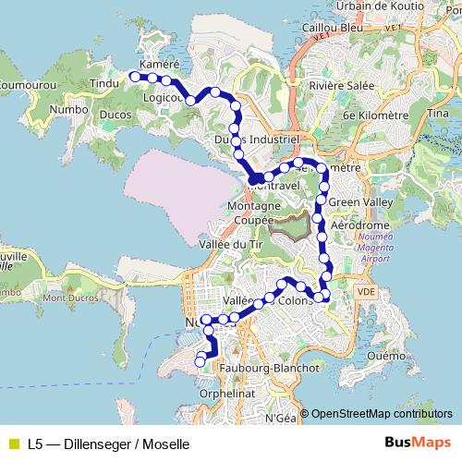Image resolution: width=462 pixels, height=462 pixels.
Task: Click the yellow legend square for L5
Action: [x=13, y=444]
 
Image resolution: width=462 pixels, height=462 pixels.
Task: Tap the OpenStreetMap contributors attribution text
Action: [x=382, y=414]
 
